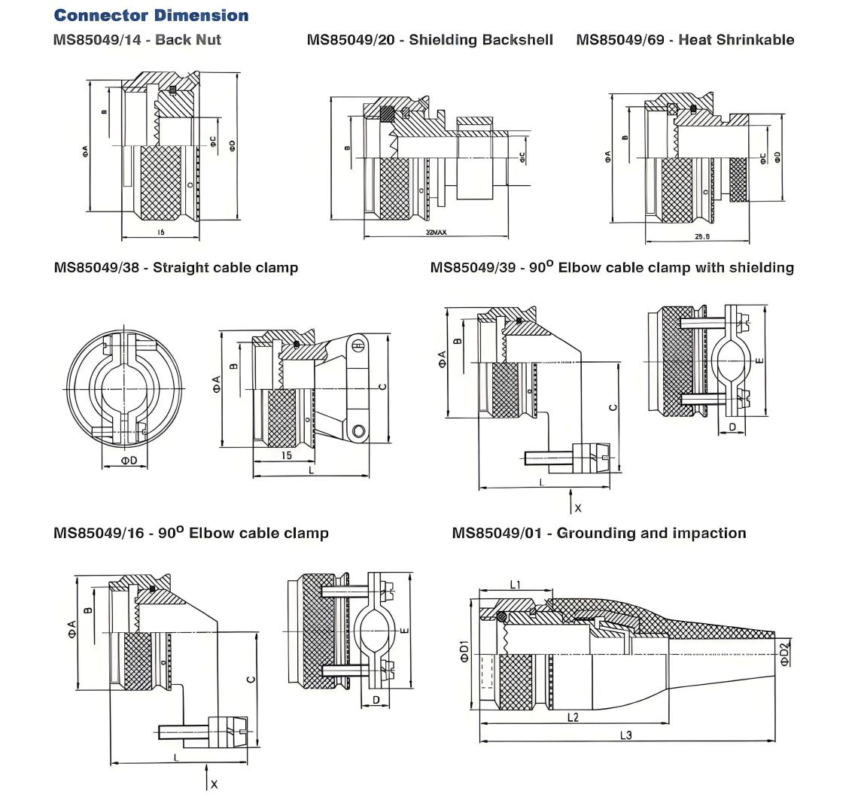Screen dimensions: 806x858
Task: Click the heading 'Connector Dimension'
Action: [x=151, y=15]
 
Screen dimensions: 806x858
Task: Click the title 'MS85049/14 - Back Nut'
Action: [x=137, y=39]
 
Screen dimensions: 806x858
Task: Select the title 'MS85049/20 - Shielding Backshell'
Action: [x=430, y=39]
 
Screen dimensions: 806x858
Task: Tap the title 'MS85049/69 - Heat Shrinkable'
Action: [x=685, y=39]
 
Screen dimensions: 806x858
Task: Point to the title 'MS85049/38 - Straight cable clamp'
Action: [x=176, y=267]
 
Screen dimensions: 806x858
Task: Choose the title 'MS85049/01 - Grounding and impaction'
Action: [x=599, y=533]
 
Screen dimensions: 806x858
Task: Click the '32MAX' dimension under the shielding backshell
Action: [x=436, y=233]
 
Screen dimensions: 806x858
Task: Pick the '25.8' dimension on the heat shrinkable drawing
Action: [x=701, y=237]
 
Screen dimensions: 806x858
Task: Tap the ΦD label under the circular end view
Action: [x=129, y=461]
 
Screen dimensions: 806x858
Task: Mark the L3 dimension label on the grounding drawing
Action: [x=626, y=735]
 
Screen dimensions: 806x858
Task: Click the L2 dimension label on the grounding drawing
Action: [x=572, y=717]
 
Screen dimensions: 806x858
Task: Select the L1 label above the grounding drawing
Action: [x=516, y=584]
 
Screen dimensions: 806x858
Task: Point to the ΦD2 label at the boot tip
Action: [x=785, y=654]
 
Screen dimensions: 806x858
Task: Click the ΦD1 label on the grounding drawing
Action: [x=464, y=651]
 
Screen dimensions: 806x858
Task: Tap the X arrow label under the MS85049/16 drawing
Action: [x=214, y=784]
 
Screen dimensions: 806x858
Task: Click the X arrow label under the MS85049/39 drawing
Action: [x=578, y=508]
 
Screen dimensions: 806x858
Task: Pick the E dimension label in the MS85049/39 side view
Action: [x=759, y=360]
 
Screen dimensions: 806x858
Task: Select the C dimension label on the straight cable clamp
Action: [x=382, y=387]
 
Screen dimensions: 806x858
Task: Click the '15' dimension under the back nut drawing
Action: [x=160, y=233]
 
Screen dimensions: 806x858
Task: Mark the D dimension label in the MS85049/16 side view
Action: [x=376, y=701]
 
